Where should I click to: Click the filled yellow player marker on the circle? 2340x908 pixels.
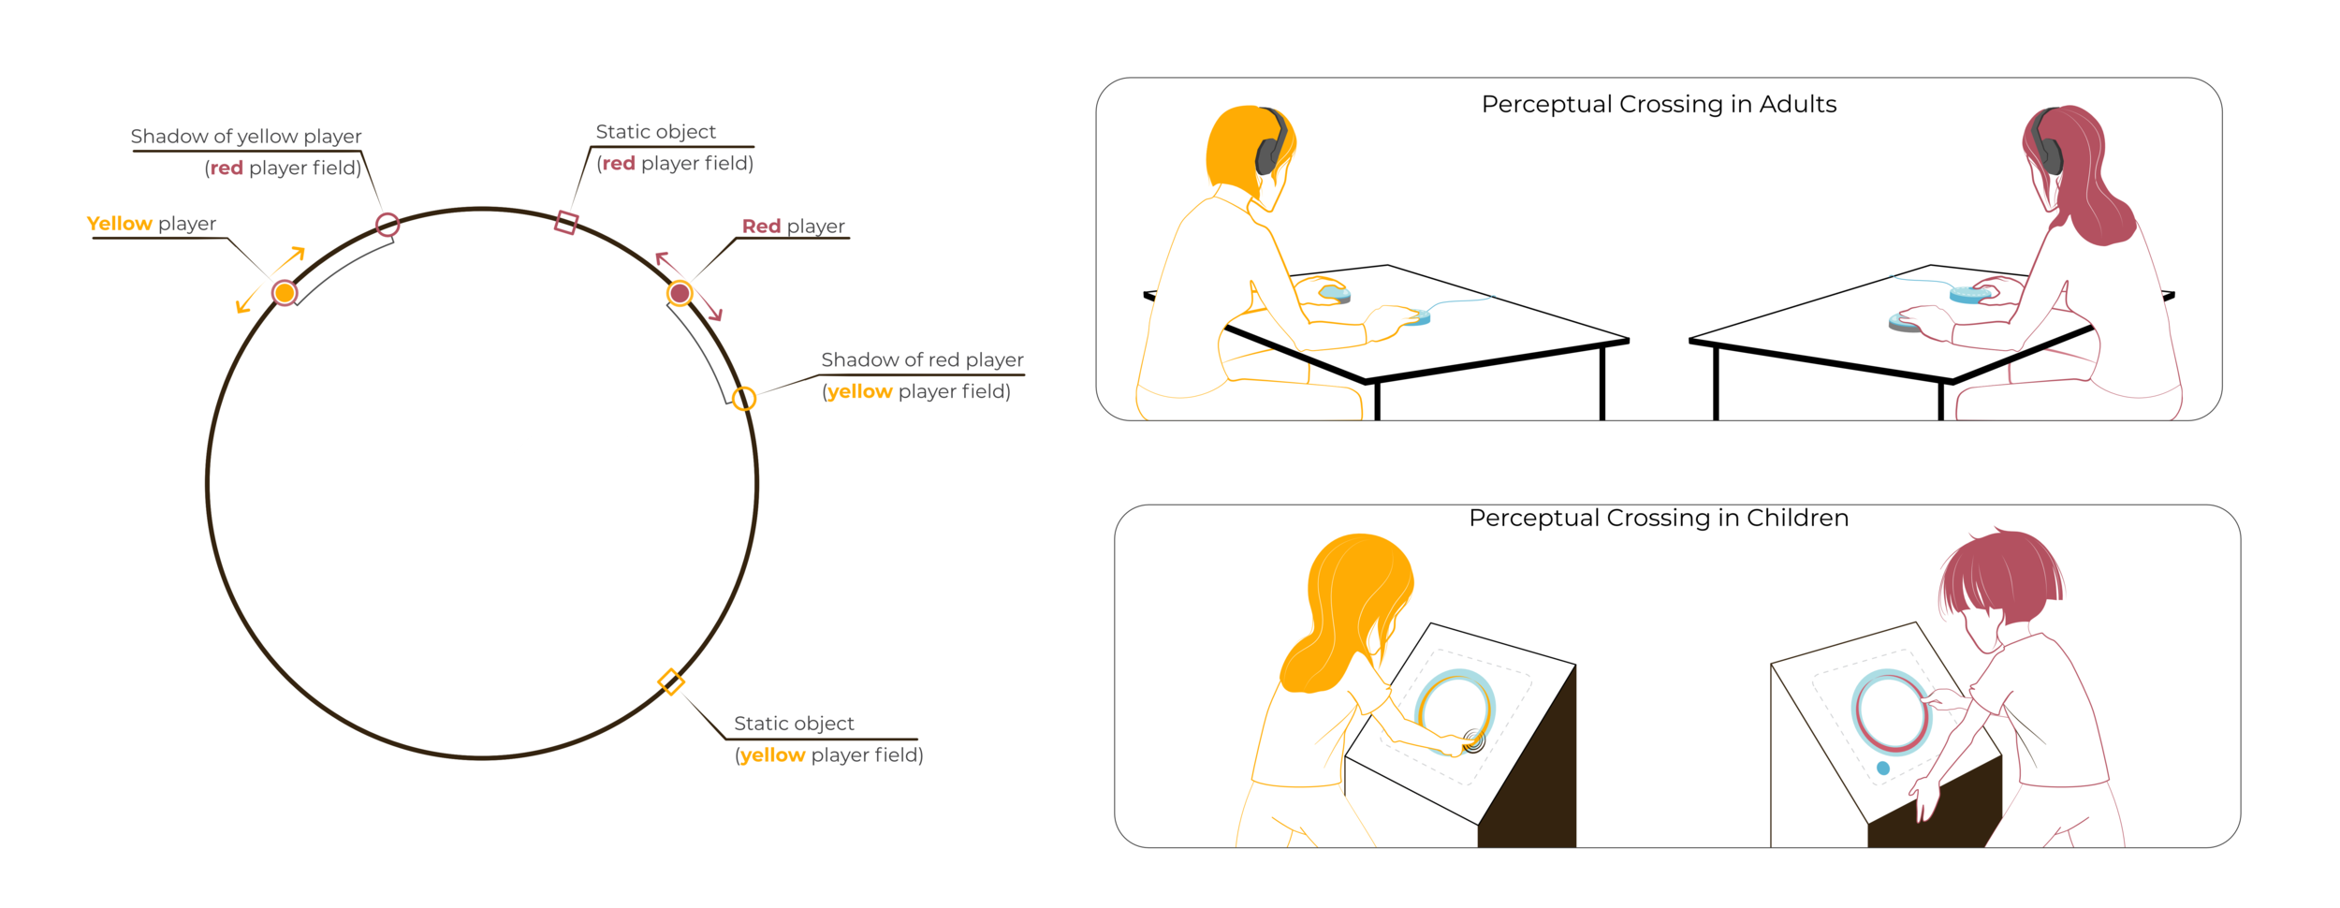[x=285, y=293]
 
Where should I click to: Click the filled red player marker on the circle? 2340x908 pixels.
[x=680, y=294]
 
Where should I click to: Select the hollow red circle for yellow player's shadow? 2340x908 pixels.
[x=388, y=225]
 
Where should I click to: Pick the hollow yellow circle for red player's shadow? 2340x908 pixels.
[x=744, y=399]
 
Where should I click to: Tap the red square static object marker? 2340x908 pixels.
[x=566, y=223]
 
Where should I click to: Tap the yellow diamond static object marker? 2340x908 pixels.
[x=671, y=681]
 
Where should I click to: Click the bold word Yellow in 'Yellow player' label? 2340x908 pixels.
[x=119, y=224]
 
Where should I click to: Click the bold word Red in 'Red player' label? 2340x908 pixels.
[x=761, y=227]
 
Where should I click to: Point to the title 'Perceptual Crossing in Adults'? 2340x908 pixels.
[x=1659, y=104]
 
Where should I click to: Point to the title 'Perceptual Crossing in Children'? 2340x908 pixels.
[x=1659, y=518]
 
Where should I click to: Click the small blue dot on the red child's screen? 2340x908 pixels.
[x=1883, y=769]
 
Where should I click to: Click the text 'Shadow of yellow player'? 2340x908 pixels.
[x=245, y=137]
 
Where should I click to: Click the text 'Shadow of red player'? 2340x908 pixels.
[x=922, y=360]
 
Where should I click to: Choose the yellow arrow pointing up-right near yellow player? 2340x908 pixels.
[x=295, y=255]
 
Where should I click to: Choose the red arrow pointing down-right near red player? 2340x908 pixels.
[x=713, y=311]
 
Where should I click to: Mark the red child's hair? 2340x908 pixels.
[x=2003, y=571]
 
